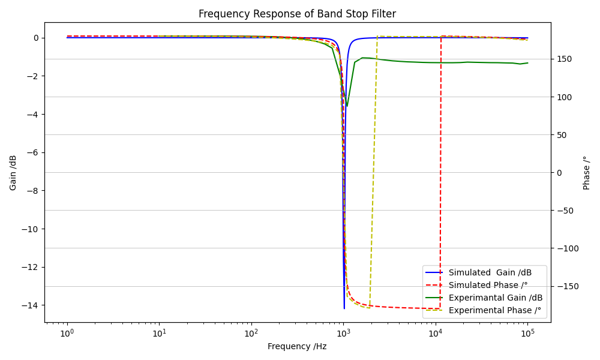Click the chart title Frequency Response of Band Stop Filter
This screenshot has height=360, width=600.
tap(297, 14)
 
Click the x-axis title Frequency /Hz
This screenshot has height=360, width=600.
tap(297, 346)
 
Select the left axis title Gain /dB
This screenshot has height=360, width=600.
tap(13, 173)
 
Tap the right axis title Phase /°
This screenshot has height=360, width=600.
tap(587, 173)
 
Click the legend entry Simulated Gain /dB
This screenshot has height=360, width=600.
tap(490, 272)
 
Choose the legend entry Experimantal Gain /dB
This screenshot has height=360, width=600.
tap(496, 298)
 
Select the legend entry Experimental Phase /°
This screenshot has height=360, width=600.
tap(494, 310)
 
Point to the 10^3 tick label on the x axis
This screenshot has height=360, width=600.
tap(343, 332)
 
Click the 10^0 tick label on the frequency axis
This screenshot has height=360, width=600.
tap(67, 332)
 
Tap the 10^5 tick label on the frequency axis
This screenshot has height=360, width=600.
tap(527, 332)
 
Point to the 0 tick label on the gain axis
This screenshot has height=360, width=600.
tap(36, 38)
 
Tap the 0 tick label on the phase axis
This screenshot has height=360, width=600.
tap(559, 173)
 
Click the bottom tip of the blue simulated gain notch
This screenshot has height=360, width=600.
tap(344, 308)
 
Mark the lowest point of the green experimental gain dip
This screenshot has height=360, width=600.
tap(347, 106)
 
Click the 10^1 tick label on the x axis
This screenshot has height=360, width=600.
tap(159, 332)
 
